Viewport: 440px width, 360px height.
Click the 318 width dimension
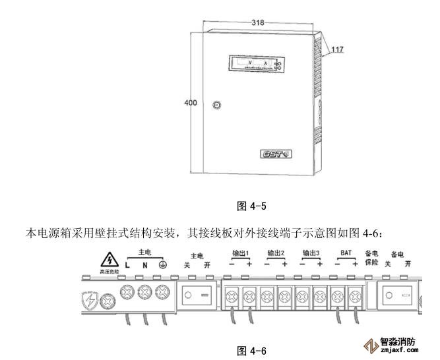coord(258,22)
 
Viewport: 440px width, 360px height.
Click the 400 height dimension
coord(190,103)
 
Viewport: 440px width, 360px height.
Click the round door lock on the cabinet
coord(218,105)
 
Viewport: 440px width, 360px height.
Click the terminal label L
coord(127,264)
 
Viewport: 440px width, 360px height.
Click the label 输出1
coord(238,253)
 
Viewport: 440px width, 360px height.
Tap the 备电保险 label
coord(371,258)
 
